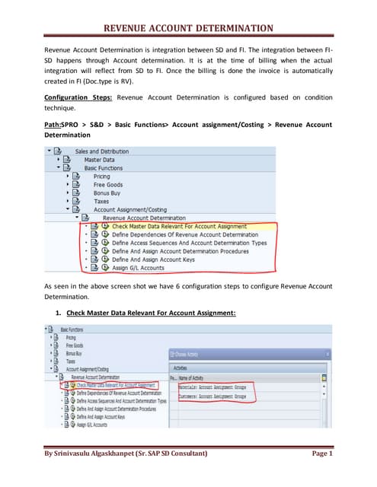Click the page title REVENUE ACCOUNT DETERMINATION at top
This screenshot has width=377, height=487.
188,28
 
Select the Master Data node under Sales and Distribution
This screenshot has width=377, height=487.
100,160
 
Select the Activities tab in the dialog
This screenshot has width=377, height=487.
223,366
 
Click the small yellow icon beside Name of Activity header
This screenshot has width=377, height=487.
324,377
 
